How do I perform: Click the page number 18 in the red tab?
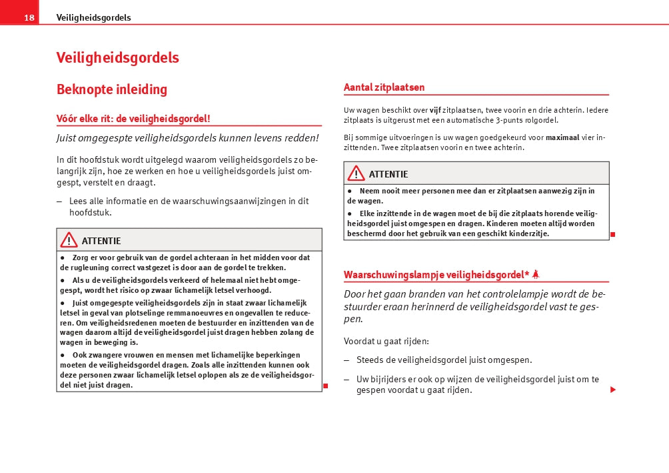(x=29, y=18)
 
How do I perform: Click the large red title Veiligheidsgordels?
(x=117, y=58)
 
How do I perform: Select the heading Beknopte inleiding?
(x=112, y=89)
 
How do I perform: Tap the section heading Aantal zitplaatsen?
(x=384, y=87)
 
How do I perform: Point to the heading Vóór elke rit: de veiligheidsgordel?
(x=133, y=119)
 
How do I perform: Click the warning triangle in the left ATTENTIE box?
(x=68, y=240)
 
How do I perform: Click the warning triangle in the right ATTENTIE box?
(x=356, y=173)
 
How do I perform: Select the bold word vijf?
(x=435, y=110)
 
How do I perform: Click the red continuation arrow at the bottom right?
(x=613, y=390)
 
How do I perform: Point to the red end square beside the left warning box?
(x=326, y=386)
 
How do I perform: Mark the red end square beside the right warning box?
(x=612, y=234)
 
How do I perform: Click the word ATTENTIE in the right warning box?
(x=388, y=174)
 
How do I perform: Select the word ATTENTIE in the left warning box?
(x=101, y=241)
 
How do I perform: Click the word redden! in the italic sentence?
(x=303, y=138)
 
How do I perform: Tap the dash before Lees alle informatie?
(x=60, y=201)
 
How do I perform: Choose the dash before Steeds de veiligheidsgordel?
(x=346, y=360)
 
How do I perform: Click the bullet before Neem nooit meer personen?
(x=350, y=191)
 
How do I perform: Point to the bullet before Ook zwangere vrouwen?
(x=63, y=355)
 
